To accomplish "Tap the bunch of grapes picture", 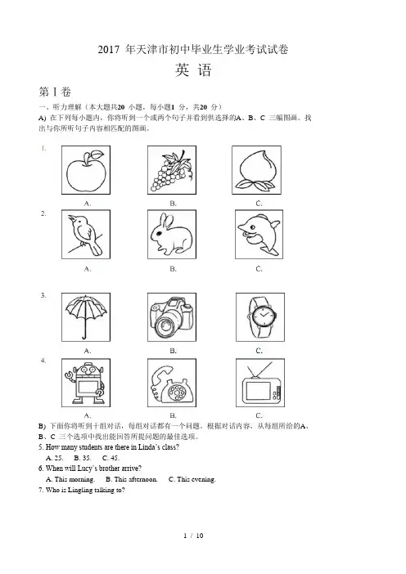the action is tap(172, 171).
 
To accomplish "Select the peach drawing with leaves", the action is tap(257, 171).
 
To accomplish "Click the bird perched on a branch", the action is tap(85, 235).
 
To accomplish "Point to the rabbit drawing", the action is tap(172, 235).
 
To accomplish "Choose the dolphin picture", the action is tap(259, 235).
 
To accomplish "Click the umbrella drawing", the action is tap(86, 316).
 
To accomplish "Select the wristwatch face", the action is tap(262, 315).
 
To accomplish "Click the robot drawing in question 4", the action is tap(86, 383).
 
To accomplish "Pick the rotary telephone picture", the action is tap(172, 384).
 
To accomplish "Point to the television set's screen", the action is tap(258, 392).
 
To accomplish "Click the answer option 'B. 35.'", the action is tap(83, 458).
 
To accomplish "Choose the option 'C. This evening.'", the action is tap(192, 479).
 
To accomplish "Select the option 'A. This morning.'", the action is tap(70, 479).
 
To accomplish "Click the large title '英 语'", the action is tap(193, 70).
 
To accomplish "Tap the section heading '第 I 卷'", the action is tap(55, 92).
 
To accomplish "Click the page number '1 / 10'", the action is tap(193, 536).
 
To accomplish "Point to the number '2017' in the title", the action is tap(109, 49).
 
